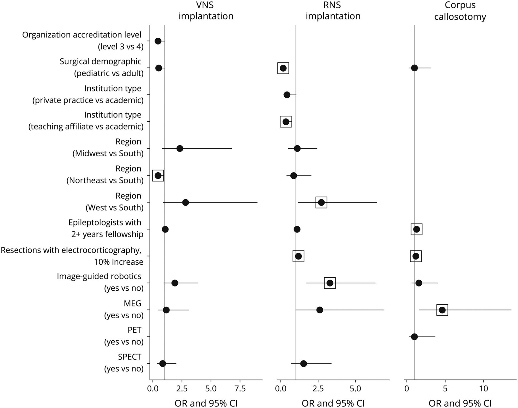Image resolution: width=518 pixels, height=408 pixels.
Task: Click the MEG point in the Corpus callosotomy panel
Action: (442, 310)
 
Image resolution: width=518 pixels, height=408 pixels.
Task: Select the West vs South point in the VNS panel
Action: (186, 203)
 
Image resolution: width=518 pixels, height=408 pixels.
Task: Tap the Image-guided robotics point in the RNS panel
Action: (330, 283)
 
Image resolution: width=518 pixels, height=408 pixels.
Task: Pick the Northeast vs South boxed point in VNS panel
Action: (158, 176)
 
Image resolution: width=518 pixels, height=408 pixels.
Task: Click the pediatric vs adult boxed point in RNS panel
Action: (283, 68)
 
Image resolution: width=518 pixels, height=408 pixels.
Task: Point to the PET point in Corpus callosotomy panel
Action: (414, 337)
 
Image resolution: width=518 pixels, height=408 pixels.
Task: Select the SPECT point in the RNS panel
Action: (303, 364)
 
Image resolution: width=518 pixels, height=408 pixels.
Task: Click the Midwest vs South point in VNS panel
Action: (180, 148)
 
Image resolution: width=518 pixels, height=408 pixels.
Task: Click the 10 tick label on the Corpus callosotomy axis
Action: (483, 389)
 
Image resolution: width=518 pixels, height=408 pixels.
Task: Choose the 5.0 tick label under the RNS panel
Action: (355, 389)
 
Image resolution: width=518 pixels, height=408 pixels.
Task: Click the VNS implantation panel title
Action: (206, 11)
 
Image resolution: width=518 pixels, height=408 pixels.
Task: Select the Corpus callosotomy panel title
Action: (460, 11)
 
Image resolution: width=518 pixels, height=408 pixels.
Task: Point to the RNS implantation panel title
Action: (333, 11)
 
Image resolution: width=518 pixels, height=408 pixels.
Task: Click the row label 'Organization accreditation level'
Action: (82, 35)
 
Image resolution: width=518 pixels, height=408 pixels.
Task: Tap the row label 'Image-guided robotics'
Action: (99, 276)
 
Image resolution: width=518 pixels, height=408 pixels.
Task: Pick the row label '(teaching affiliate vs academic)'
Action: (86, 127)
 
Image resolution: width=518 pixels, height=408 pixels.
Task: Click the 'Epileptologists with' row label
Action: (105, 222)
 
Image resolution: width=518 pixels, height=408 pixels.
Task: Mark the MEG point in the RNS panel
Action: (319, 310)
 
